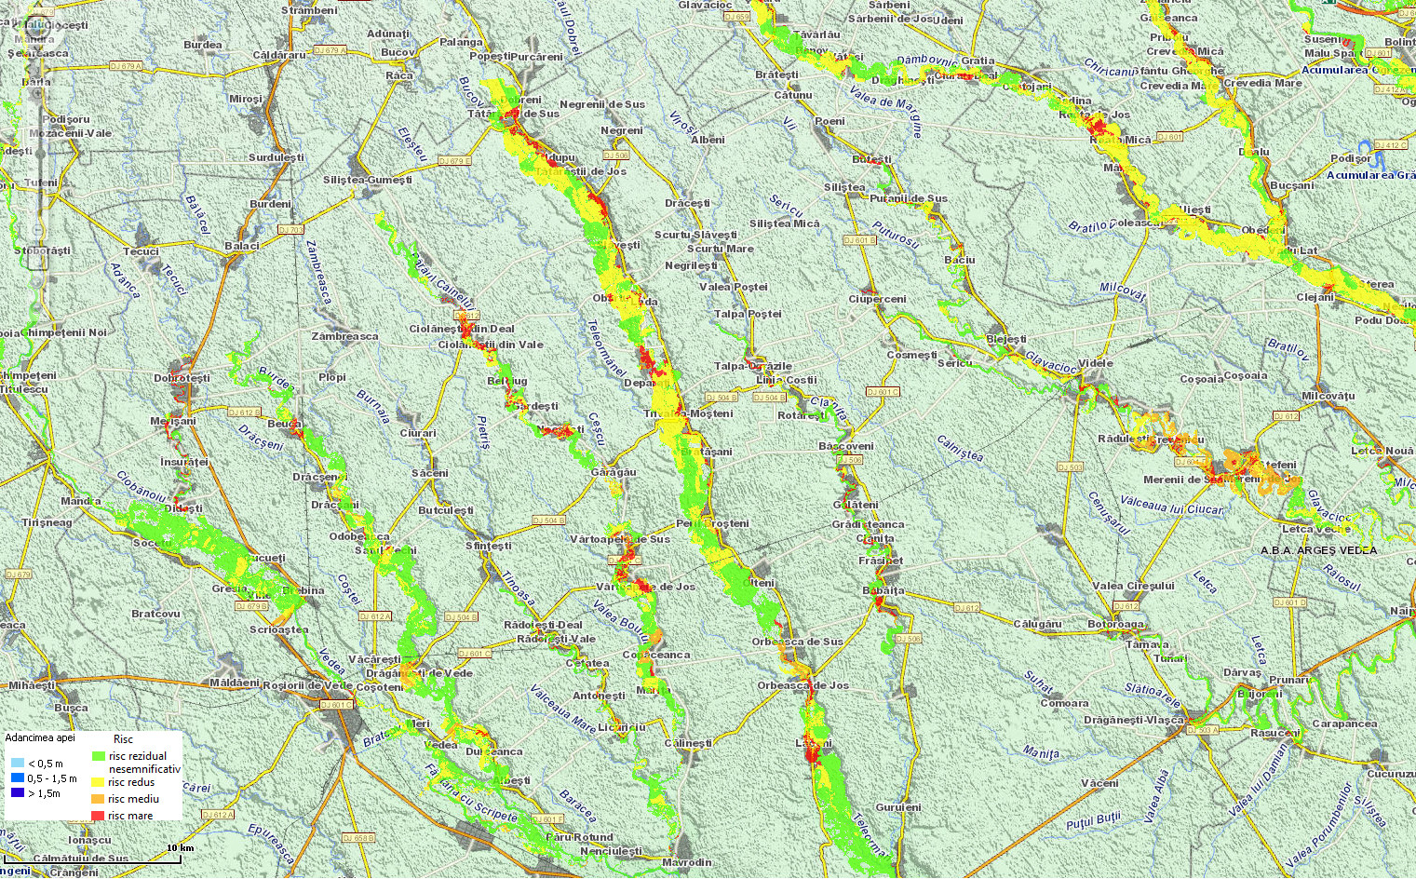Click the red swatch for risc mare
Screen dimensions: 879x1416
pos(98,816)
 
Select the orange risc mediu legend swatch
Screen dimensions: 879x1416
pos(98,799)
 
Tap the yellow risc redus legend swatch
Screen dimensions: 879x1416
pos(98,782)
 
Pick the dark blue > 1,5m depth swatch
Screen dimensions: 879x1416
pos(18,793)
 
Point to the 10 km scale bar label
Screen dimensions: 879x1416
pos(179,847)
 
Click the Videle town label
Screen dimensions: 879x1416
pos(1096,363)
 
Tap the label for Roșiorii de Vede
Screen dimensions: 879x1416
pos(307,685)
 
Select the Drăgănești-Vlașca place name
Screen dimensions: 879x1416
pos(1134,720)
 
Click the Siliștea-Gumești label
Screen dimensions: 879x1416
pos(368,180)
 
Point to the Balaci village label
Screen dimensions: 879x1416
pos(242,246)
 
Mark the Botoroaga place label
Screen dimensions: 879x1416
pos(1116,624)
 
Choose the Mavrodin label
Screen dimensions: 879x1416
pos(687,862)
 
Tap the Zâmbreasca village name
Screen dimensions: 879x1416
pos(345,336)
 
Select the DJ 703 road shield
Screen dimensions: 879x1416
pos(290,229)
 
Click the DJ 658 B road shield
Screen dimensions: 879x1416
pos(358,838)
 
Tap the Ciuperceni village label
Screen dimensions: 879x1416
pos(877,299)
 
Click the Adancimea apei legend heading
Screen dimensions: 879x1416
pos(40,737)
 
